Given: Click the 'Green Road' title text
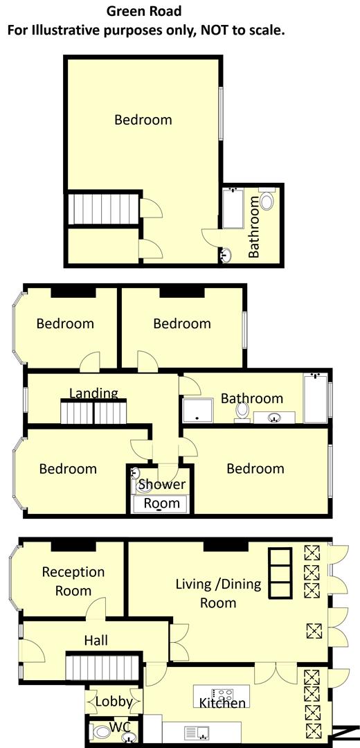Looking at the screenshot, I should pos(145,11).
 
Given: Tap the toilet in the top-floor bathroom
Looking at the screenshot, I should pos(267,202).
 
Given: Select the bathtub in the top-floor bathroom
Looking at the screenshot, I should pos(232,208).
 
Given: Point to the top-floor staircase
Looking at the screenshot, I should pos(105,208).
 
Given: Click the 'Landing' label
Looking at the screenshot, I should pos(93,393).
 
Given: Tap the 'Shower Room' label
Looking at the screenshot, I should pos(161,493).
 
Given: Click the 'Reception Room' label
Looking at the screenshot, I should pos(73,581).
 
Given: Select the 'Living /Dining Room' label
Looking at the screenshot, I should pos(218,593).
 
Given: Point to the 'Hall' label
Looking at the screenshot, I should pos(96,641).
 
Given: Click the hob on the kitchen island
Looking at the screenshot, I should pos(222,693).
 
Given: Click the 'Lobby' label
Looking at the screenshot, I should pos(114,702).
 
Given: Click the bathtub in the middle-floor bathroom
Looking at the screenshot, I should pos(316,398).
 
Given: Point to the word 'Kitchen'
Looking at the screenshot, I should pos(222,704).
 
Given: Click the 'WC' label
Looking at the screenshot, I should pos(120,729).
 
